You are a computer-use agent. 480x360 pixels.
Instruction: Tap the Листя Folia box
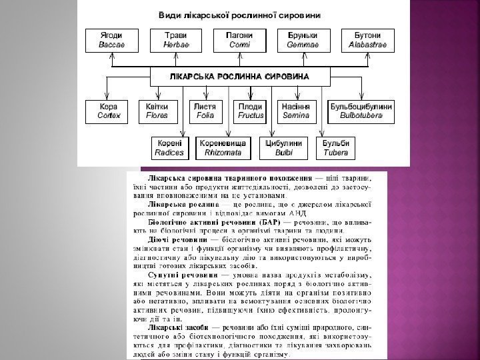pyautogui.click(x=203, y=111)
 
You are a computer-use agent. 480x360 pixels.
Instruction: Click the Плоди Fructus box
pyautogui.click(x=251, y=111)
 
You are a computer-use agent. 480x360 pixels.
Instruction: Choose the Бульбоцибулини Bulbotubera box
pyautogui.click(x=361, y=111)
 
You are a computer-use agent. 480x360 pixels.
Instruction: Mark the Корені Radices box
pyautogui.click(x=169, y=147)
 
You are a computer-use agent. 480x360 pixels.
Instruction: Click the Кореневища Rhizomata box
pyautogui.click(x=222, y=147)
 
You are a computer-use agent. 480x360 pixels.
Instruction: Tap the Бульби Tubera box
pyautogui.click(x=335, y=147)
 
